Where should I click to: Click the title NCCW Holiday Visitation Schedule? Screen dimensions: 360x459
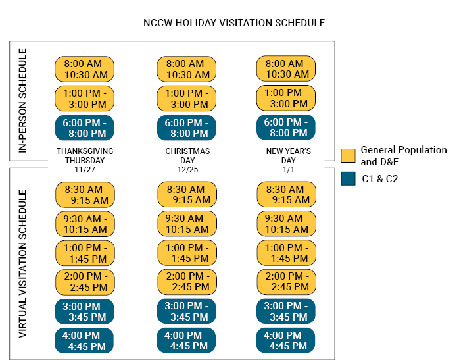[x=234, y=23]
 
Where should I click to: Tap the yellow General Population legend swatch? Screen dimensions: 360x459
[x=349, y=156]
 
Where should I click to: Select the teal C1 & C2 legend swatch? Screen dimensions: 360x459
[x=349, y=178]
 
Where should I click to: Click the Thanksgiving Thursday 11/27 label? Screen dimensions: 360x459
[x=85, y=160]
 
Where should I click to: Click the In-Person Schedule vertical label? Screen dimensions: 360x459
[x=23, y=101]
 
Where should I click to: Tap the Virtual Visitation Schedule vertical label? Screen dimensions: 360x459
[x=23, y=264]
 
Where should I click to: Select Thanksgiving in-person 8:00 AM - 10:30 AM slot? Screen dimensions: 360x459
[x=85, y=69]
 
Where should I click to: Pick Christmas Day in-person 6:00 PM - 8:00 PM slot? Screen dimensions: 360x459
[x=187, y=128]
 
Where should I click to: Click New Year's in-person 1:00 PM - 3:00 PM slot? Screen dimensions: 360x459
[x=286, y=98]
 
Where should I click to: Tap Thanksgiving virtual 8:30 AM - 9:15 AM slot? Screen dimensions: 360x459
[x=85, y=195]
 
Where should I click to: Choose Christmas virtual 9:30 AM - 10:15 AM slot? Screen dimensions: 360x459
[x=187, y=224]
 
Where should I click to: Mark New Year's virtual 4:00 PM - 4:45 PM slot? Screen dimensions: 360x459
[x=286, y=341]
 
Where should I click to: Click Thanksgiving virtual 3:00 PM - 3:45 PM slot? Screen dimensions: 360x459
[x=85, y=311]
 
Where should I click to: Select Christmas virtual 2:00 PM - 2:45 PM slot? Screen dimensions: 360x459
[x=187, y=282]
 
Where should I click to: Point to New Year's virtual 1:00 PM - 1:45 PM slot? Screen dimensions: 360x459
[x=286, y=253]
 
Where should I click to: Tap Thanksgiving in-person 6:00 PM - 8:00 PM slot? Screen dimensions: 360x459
[x=85, y=128]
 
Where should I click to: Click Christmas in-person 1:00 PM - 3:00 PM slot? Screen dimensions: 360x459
[x=187, y=98]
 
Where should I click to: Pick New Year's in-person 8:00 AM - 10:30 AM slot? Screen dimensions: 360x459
[x=286, y=69]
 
